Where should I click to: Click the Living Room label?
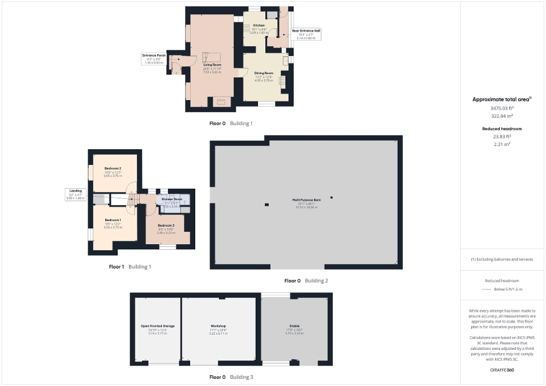(212, 66)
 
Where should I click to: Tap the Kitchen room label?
(259, 25)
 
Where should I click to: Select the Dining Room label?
(264, 73)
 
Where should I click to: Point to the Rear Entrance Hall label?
(306, 31)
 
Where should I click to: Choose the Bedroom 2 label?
(113, 169)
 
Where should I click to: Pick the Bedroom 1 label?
(113, 220)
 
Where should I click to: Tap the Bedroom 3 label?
(166, 225)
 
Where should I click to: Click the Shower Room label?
(171, 199)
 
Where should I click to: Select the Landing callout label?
(75, 191)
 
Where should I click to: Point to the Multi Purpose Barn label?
(306, 200)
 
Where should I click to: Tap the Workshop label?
(218, 326)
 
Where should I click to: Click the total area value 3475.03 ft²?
(502, 108)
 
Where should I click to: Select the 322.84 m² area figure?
(502, 115)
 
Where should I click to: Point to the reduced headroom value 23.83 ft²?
(502, 136)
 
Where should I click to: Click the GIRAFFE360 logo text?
(502, 370)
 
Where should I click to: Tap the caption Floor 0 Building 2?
(306, 280)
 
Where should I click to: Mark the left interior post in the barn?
(266, 205)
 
